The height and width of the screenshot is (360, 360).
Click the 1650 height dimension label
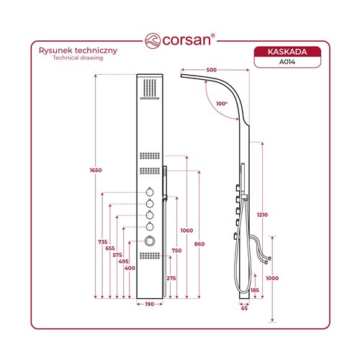[96, 170]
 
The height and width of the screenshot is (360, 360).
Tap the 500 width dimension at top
[211, 70]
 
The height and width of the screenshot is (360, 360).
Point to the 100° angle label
[222, 104]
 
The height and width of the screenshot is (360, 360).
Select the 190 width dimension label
[150, 304]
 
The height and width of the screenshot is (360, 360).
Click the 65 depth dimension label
[244, 308]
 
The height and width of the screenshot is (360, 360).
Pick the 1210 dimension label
[262, 215]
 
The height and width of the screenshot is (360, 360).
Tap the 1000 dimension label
[272, 278]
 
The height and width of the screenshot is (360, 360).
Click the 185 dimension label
[255, 290]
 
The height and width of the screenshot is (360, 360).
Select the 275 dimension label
[171, 278]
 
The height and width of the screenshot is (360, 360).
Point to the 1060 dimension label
[186, 230]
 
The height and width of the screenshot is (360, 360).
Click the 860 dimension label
[199, 244]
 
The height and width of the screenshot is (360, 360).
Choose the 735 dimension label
[103, 242]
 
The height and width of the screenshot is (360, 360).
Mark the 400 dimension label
[130, 268]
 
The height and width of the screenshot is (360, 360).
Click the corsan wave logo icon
[153, 41]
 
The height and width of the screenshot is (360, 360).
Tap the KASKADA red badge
[287, 52]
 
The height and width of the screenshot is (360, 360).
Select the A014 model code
[287, 62]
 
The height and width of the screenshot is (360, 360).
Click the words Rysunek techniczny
[78, 50]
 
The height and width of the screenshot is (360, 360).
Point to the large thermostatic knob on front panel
[150, 240]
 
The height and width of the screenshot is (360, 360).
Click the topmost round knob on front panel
[150, 192]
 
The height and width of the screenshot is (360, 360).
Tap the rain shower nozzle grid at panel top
[150, 88]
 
